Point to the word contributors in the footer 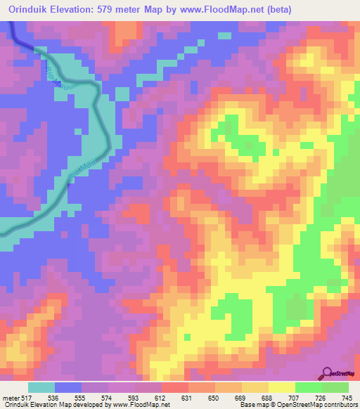339,404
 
